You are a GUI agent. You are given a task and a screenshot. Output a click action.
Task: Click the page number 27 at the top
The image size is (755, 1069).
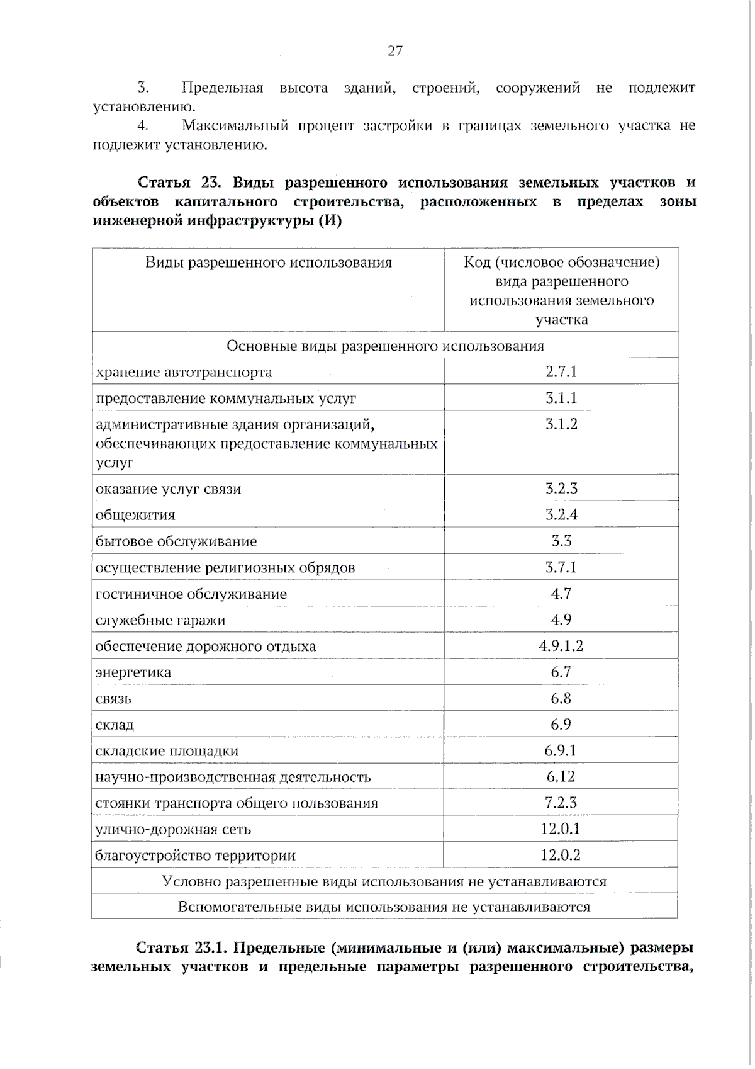(x=394, y=51)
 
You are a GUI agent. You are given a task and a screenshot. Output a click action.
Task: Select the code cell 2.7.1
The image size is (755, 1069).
(x=561, y=371)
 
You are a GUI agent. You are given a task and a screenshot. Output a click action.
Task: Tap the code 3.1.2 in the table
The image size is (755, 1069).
(x=561, y=424)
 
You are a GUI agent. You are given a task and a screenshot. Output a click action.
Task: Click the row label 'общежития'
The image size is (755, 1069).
(x=135, y=515)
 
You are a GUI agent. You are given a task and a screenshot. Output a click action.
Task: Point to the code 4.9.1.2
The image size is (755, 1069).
(x=561, y=646)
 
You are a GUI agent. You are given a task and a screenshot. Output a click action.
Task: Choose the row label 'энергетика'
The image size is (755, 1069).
(x=133, y=672)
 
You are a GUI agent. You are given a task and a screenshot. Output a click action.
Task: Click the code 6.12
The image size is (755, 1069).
(x=561, y=777)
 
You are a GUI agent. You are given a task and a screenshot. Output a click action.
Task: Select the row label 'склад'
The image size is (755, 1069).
(x=115, y=725)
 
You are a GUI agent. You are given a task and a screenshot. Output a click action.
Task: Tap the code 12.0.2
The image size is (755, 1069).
(x=561, y=855)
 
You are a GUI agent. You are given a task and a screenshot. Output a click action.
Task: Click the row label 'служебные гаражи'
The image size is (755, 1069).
(x=160, y=620)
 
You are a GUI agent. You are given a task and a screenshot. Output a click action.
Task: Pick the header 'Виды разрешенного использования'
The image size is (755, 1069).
(x=269, y=263)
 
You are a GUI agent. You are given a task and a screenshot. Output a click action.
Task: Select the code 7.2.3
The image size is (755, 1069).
(x=561, y=803)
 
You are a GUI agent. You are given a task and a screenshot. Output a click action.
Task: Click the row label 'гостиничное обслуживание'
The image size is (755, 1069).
(x=191, y=594)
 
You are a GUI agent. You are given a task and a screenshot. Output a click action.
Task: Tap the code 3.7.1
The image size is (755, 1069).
(x=561, y=567)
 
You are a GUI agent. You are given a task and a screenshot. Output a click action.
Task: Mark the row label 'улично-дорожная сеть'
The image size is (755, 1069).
(x=173, y=829)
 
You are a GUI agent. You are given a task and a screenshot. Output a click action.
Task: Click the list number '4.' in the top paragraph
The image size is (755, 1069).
(x=143, y=126)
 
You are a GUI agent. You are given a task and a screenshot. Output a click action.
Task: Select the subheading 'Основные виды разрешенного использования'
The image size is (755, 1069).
(x=385, y=346)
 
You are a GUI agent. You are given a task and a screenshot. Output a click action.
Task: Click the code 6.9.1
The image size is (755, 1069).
(x=561, y=750)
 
